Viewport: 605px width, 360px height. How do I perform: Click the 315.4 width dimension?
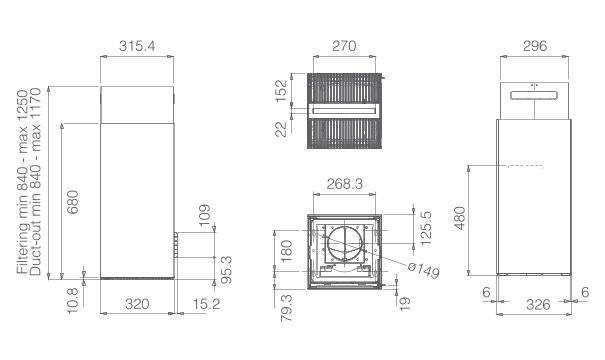point(137,46)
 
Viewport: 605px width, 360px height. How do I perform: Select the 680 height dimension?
point(73,202)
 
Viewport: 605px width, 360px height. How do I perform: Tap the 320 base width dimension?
point(137,304)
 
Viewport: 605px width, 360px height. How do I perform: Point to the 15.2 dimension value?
point(206,304)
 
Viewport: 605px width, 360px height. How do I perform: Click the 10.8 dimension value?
point(73,301)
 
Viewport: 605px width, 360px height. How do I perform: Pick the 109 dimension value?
point(204,215)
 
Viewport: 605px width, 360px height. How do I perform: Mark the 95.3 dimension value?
point(227,270)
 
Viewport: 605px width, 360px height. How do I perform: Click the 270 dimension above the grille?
point(344,46)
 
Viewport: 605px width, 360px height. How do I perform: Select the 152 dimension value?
point(282,91)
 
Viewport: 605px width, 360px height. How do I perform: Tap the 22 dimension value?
point(282,129)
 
